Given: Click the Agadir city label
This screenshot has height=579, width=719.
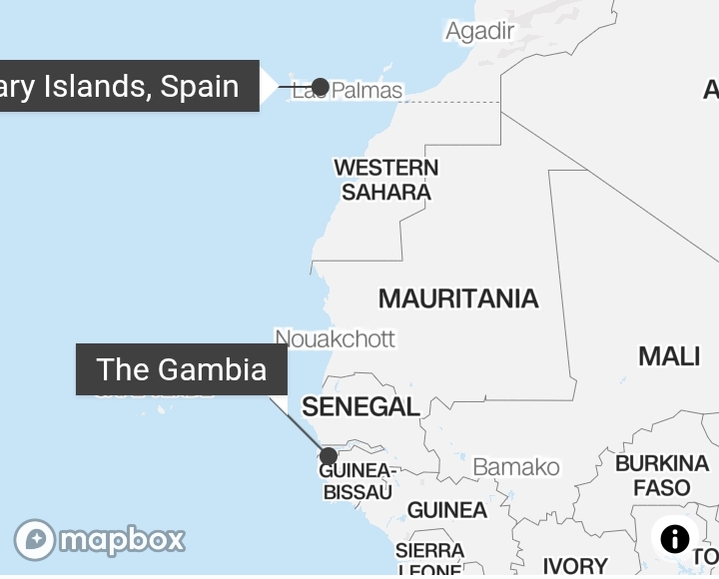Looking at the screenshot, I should (x=479, y=31).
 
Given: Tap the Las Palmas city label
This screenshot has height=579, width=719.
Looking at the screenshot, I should (x=348, y=91).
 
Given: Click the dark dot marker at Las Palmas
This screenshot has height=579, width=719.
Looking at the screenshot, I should (x=320, y=87).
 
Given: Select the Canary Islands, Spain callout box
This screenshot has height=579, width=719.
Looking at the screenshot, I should (x=129, y=86).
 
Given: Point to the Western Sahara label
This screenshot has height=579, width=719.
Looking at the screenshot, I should (x=385, y=180).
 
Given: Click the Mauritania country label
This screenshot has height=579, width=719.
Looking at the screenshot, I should (x=458, y=297).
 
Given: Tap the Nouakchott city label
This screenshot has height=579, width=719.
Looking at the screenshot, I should (x=335, y=338).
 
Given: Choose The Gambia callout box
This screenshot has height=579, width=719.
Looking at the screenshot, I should (x=182, y=369).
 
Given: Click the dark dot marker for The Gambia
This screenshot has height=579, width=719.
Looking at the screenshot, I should (x=328, y=456).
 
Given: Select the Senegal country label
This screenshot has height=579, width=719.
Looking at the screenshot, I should (x=360, y=406).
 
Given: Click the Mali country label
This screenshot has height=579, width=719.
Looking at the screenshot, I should (x=668, y=355).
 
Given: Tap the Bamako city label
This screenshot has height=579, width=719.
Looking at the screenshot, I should (x=515, y=466).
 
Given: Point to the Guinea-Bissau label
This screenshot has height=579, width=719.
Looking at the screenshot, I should (x=358, y=481).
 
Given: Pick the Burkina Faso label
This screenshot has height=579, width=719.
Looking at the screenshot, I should (x=661, y=475).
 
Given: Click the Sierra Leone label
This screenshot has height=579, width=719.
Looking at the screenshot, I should (x=429, y=560).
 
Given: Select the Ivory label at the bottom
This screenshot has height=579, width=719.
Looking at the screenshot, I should (x=574, y=565).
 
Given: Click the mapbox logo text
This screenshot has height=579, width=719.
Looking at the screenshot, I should (x=122, y=540).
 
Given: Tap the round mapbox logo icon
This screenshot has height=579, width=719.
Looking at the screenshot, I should (x=35, y=540).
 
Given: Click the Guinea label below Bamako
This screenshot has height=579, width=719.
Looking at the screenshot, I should (x=446, y=510).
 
